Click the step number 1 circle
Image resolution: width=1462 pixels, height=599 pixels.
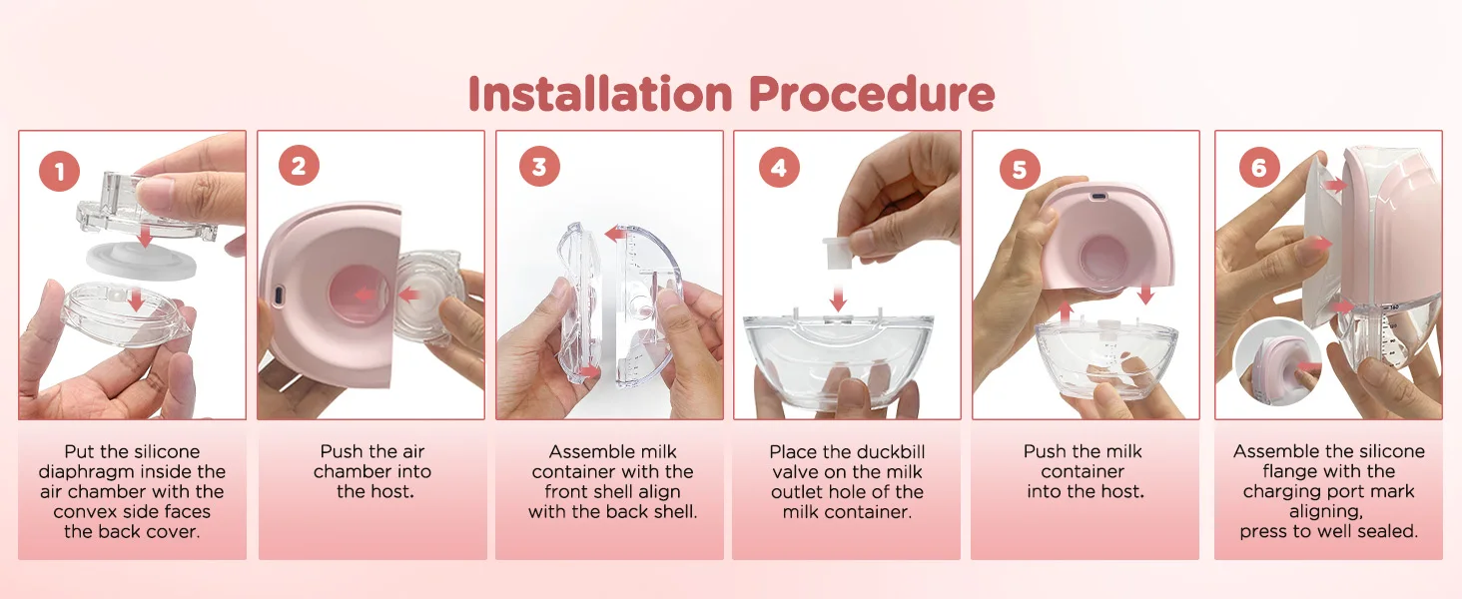tap(59, 171)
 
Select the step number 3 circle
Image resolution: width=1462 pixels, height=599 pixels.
tap(539, 166)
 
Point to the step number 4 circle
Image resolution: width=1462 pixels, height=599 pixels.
tap(779, 167)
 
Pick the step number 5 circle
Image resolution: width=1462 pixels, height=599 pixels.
tap(1020, 169)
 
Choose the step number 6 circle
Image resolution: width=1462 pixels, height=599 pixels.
tap(1259, 167)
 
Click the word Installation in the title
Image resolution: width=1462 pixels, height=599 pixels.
tap(600, 93)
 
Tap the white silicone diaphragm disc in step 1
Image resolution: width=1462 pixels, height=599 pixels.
tap(142, 260)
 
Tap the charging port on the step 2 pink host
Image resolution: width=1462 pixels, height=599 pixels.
tap(280, 295)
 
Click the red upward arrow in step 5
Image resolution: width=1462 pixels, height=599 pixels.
tap(1066, 311)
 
